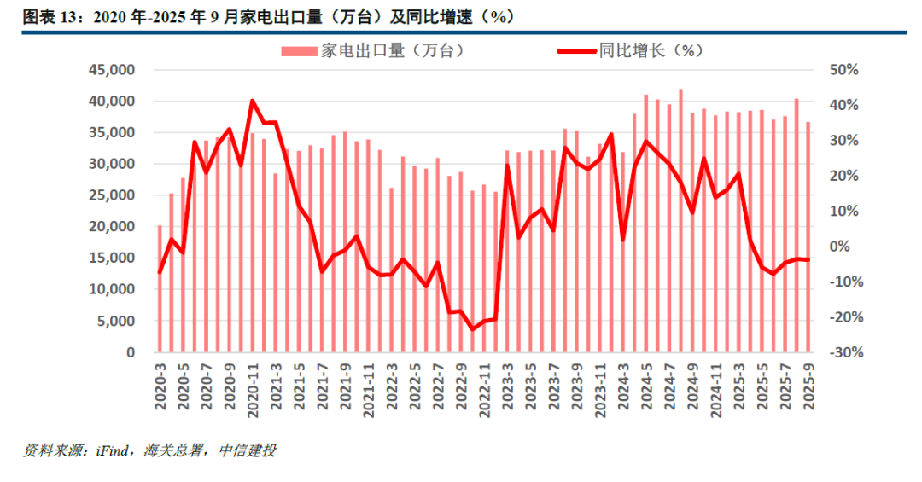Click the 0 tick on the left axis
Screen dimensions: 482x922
(x=130, y=352)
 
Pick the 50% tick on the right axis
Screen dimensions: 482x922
(x=846, y=70)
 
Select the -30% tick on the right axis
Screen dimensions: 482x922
(x=844, y=352)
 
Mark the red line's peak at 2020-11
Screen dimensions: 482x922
(x=253, y=101)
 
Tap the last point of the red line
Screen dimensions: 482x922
(x=808, y=259)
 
